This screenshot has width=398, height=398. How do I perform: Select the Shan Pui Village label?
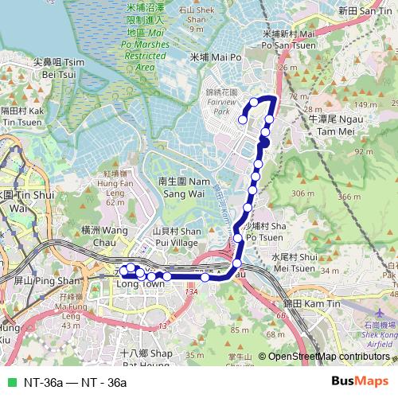tap(174, 236)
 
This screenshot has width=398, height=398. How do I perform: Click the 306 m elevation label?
tap(299, 194)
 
